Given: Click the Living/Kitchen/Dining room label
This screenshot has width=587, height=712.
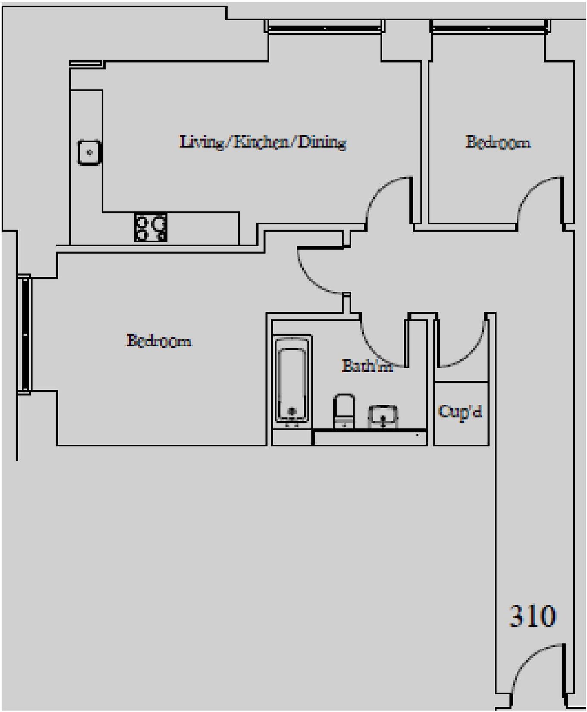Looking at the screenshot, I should click(262, 142).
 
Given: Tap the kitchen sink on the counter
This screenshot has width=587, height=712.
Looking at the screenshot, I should click(90, 153).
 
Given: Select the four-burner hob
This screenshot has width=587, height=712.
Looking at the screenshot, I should click(150, 228).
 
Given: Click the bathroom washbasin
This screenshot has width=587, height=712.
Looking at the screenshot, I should click(383, 416).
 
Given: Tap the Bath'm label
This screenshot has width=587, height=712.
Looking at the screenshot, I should click(367, 366).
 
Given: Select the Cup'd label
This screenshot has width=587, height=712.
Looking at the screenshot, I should click(460, 412).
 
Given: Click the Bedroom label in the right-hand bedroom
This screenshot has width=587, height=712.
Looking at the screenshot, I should click(498, 142).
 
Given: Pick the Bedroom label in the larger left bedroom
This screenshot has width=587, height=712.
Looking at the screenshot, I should click(159, 341).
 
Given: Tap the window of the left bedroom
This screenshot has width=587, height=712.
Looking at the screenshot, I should click(25, 334).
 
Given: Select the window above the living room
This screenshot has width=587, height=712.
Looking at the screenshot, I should click(324, 28).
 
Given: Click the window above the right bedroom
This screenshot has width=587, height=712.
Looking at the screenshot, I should click(488, 28).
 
